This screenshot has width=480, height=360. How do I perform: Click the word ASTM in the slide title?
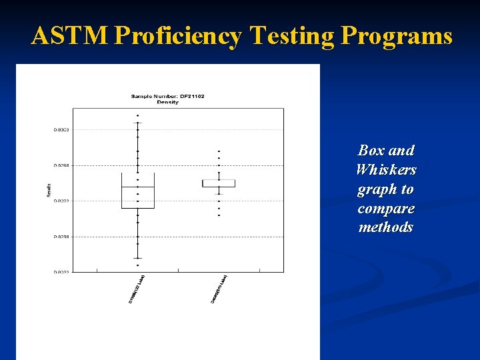[69, 36]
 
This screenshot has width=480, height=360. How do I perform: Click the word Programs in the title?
[396, 36]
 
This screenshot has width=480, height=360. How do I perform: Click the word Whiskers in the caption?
[386, 170]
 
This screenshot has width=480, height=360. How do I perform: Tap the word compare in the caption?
[386, 209]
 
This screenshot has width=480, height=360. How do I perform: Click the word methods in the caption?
[386, 227]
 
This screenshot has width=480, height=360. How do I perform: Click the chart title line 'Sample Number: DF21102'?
[167, 96]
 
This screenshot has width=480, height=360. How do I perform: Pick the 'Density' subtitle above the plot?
[167, 102]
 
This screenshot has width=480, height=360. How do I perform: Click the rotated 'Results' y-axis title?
[48, 190]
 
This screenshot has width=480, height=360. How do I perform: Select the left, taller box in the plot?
[138, 191]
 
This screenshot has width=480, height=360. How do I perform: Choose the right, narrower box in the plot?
[219, 183]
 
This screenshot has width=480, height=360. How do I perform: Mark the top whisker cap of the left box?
[138, 123]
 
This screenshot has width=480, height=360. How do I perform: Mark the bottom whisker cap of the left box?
[138, 258]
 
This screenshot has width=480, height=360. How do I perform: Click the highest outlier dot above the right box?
[219, 151]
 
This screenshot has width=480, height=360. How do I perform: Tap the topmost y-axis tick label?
[61, 130]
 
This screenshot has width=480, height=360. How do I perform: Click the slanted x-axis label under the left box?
[137, 289]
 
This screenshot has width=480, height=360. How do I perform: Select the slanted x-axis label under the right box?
[219, 289]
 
